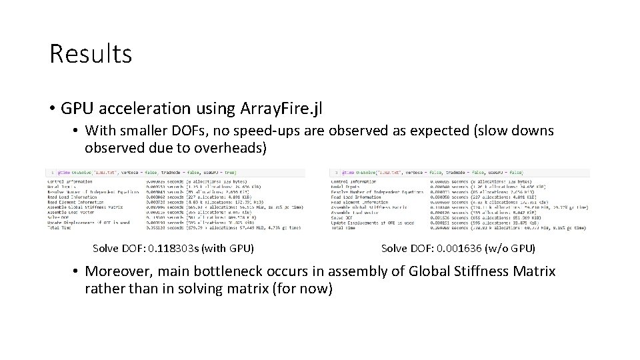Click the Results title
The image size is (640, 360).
91,54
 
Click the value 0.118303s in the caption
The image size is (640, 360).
176,249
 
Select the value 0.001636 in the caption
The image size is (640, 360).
464,249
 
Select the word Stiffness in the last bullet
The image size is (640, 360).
479,271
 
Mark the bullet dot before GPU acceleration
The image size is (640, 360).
52,107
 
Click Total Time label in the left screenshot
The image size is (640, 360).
59,227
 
